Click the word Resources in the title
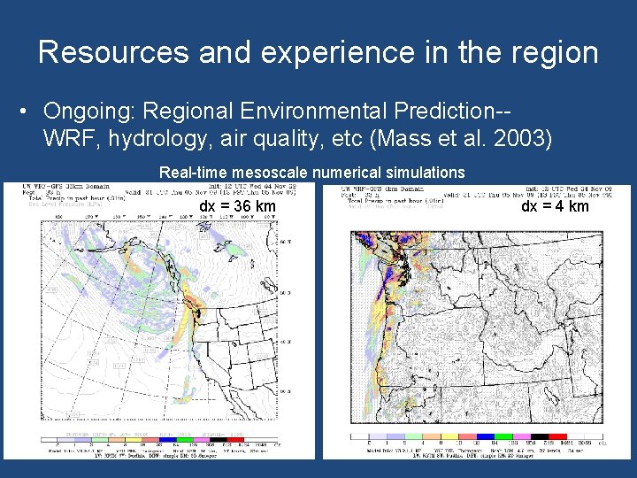[x=113, y=52]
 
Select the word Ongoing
[x=88, y=112]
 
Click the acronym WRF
[x=69, y=139]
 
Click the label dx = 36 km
[x=237, y=207]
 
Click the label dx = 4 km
[x=555, y=207]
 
